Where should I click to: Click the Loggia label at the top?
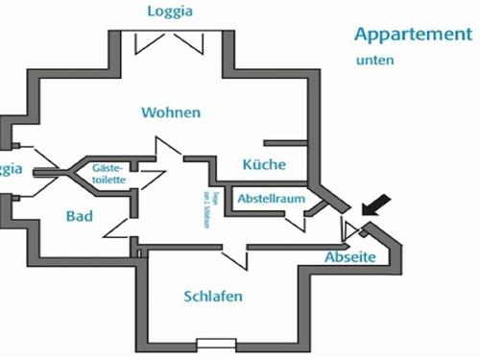click(x=170, y=12)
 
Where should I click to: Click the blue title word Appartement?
click(x=413, y=35)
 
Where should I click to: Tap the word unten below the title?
click(x=374, y=60)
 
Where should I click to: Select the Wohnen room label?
click(x=171, y=112)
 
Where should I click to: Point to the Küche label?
click(x=264, y=164)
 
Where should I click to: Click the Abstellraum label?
click(x=272, y=199)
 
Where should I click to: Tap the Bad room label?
click(x=80, y=216)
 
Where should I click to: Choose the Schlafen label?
click(x=212, y=296)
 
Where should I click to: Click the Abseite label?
click(x=349, y=258)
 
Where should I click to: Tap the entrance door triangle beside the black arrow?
click(x=354, y=228)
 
